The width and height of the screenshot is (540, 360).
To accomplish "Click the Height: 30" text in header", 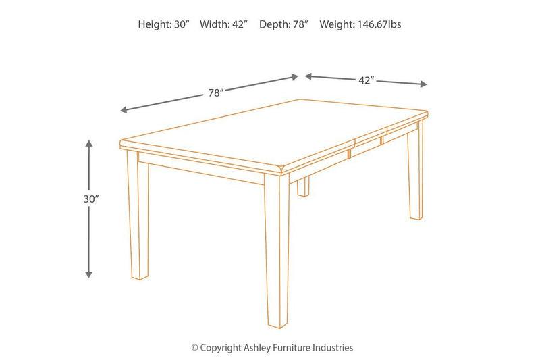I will click(x=164, y=24).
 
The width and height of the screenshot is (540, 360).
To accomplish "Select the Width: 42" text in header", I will click(x=223, y=24).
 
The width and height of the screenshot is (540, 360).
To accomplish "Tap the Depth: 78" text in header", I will click(x=283, y=24).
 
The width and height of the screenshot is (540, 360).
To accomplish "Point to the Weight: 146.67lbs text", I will click(x=360, y=24).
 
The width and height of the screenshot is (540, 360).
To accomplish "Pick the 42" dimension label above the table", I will click(x=366, y=80).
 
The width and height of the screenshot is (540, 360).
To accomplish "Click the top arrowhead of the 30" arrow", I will click(x=88, y=143).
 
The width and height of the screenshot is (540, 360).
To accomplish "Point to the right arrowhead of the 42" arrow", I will click(x=424, y=84).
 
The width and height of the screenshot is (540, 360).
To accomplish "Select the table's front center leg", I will click(x=275, y=257).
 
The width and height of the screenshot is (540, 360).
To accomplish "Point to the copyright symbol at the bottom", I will click(x=194, y=348).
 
